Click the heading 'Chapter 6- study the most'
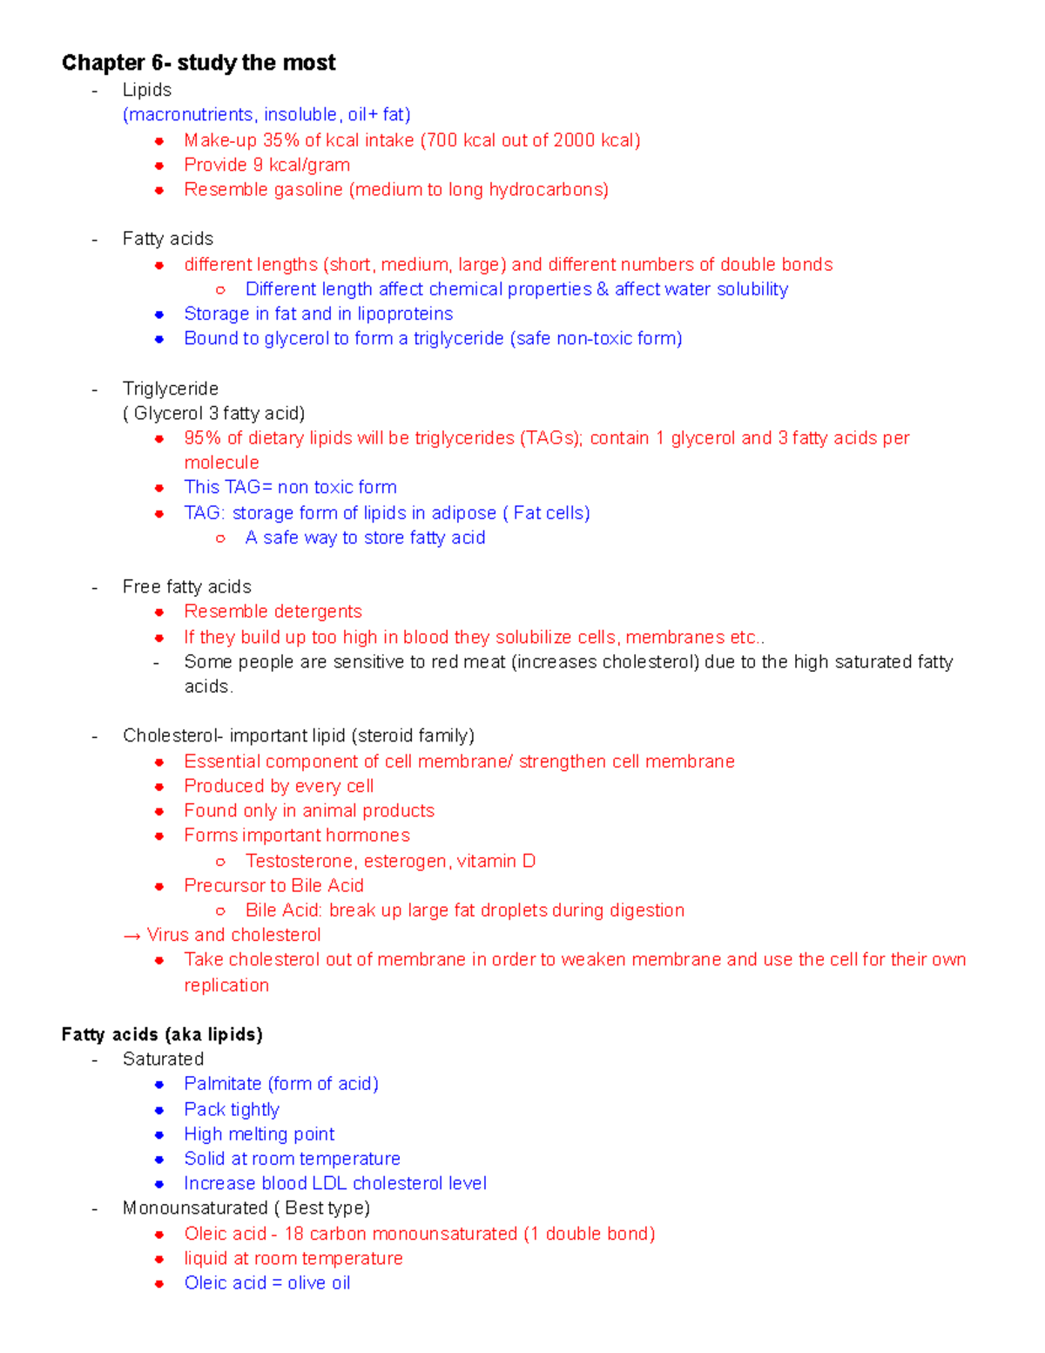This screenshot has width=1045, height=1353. pos(199,63)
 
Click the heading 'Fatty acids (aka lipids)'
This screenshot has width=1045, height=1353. pos(162,1034)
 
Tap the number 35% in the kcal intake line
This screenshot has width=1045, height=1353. pos(280,140)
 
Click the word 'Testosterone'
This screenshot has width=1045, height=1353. pos(300,861)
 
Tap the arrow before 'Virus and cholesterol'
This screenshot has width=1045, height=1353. pos(132,936)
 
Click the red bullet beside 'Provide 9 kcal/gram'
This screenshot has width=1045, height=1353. pos(159,166)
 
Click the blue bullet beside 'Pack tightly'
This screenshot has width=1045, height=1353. pos(159,1110)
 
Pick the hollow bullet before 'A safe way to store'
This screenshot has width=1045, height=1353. pos(220,538)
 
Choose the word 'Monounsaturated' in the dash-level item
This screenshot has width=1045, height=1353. pos(195,1208)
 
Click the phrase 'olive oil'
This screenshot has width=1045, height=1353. pos(319,1283)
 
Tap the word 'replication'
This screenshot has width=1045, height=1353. pos(226,985)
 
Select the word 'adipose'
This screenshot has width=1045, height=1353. pos(463,513)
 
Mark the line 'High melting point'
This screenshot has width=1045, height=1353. pos(260,1134)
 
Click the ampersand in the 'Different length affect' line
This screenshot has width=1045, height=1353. pos(603,289)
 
